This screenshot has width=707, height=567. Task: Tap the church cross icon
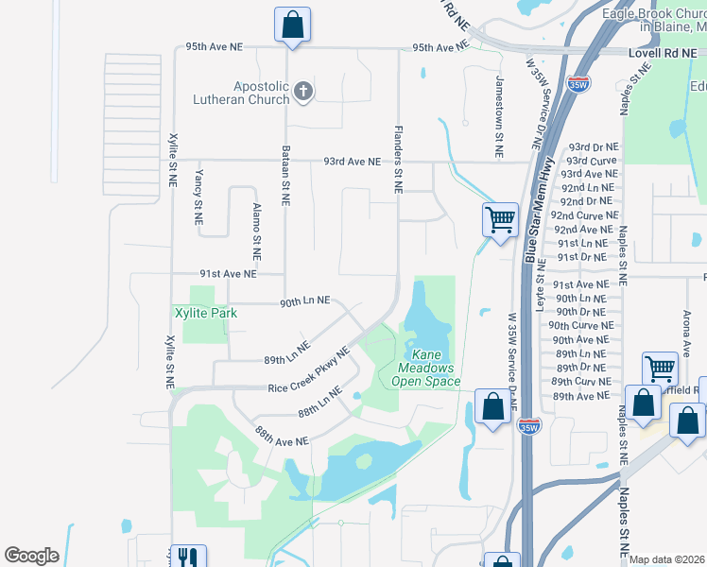click(302, 92)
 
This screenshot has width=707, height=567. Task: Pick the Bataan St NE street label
click(285, 176)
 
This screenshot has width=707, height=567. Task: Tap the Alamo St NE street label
click(255, 232)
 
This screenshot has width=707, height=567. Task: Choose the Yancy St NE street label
click(198, 198)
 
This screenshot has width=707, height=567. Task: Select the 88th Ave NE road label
click(282, 438)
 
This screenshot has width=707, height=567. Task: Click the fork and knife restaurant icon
click(187, 558)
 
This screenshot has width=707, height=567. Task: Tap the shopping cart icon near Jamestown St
click(500, 219)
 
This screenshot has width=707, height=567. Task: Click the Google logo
click(31, 556)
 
